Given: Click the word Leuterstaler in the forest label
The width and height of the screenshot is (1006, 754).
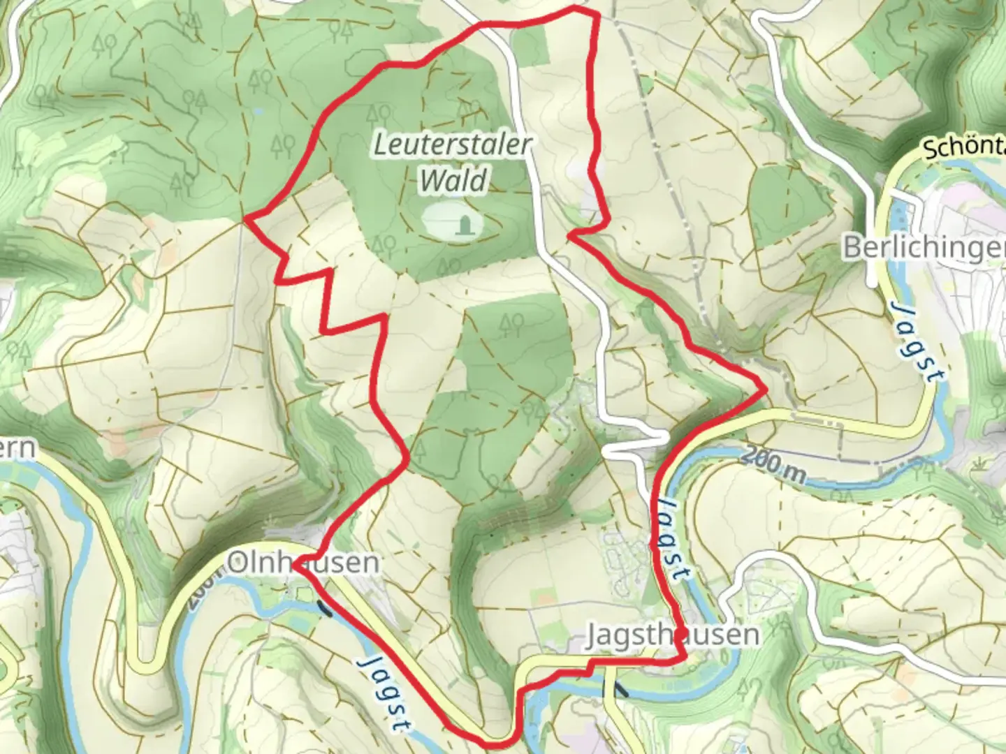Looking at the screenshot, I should click(x=453, y=145).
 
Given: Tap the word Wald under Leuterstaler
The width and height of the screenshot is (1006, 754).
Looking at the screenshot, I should click(x=453, y=181).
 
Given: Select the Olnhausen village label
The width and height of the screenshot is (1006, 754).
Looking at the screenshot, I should click(x=304, y=562).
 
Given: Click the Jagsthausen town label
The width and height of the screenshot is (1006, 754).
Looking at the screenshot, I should click(x=672, y=635).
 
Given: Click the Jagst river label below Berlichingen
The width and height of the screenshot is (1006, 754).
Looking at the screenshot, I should click(x=915, y=341).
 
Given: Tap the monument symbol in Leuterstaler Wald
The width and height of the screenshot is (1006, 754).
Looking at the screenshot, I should click(x=462, y=224).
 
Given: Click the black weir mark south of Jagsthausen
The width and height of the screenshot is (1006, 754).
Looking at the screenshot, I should click(x=620, y=690).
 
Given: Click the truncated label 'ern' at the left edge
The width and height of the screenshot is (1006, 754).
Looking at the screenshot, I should click(x=17, y=448).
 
